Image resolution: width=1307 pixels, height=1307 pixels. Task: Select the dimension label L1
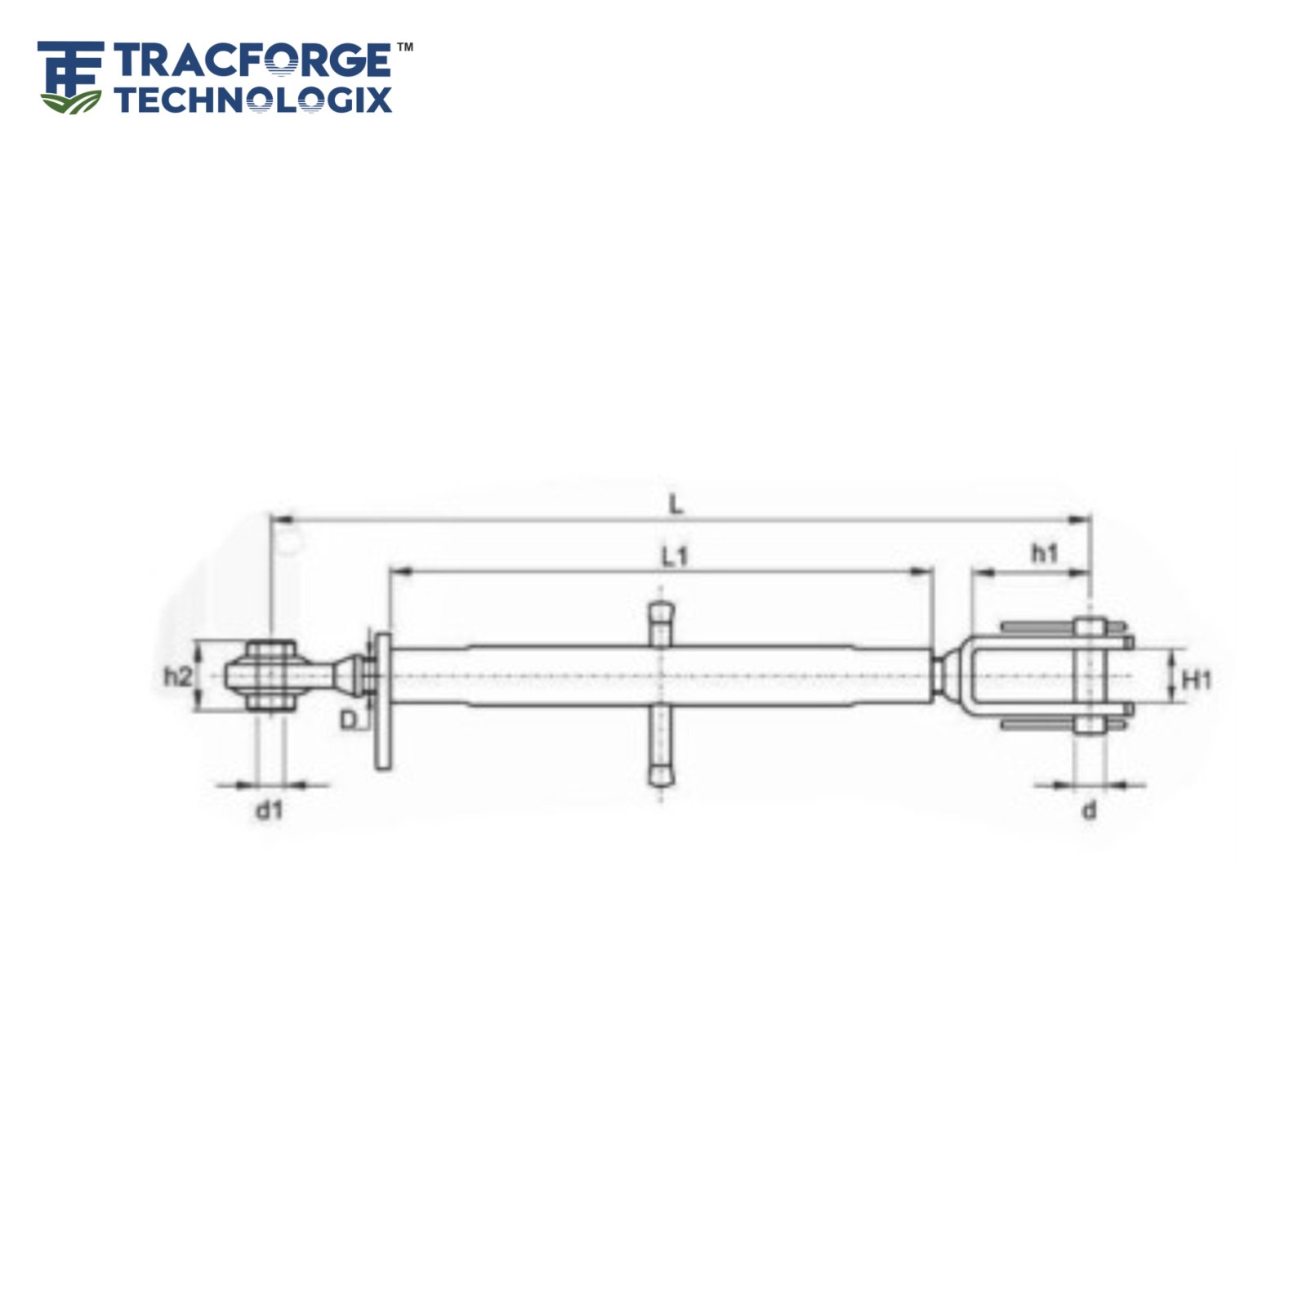tap(675, 557)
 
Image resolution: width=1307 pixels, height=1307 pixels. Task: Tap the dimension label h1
tap(1044, 554)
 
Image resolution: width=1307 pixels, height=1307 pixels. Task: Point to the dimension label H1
tap(1197, 679)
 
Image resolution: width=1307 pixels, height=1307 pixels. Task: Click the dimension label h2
tap(177, 676)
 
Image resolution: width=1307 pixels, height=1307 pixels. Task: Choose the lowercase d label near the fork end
tap(1089, 810)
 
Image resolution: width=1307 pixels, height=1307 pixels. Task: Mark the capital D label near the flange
tap(349, 720)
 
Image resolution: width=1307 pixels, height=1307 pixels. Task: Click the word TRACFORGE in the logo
tap(252, 61)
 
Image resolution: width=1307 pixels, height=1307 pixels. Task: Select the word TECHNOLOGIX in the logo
tap(253, 100)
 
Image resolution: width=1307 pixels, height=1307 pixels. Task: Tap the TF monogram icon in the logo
tap(70, 78)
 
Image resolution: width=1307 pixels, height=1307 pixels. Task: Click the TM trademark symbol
tap(404, 48)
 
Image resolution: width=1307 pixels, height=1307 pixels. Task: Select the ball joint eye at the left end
tap(270, 676)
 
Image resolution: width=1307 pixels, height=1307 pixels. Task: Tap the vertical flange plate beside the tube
tap(382, 703)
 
